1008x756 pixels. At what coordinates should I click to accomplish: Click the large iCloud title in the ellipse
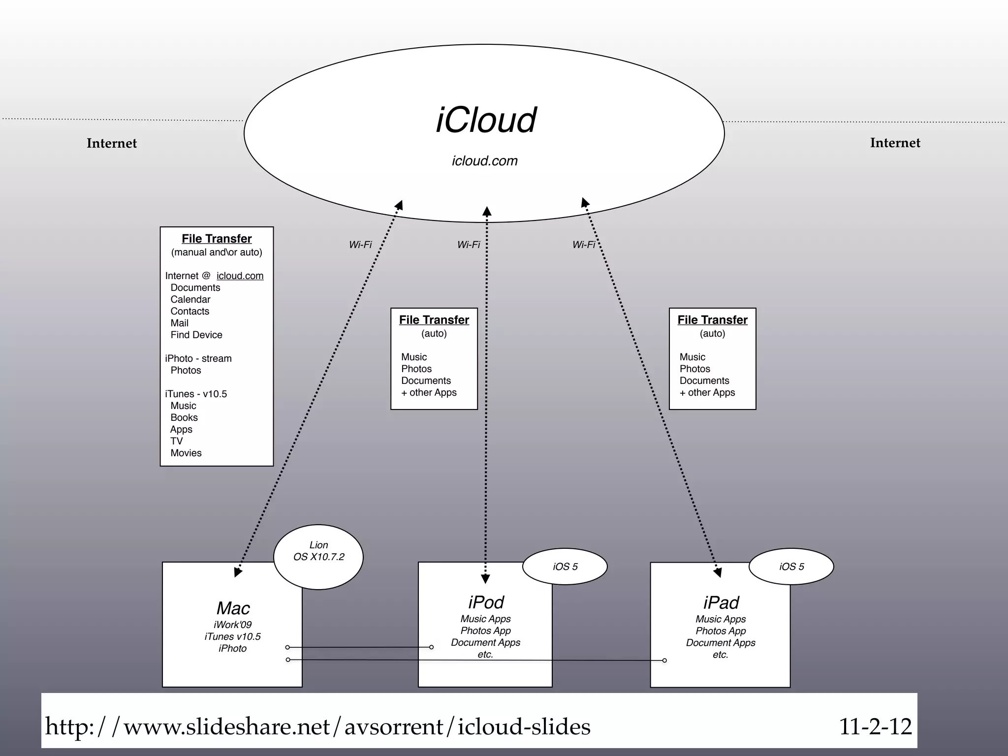pyautogui.click(x=486, y=121)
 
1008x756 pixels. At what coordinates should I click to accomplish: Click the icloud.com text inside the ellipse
pyautogui.click(x=485, y=161)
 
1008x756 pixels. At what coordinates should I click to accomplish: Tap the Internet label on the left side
pyautogui.click(x=112, y=143)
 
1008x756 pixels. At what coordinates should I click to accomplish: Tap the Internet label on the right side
pyautogui.click(x=895, y=143)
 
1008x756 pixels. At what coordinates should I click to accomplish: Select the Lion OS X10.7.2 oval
pyautogui.click(x=318, y=557)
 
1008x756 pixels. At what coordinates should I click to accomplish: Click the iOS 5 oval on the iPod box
pyautogui.click(x=565, y=567)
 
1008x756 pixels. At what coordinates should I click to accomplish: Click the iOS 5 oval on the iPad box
pyautogui.click(x=791, y=567)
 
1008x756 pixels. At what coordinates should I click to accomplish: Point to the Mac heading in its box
pyautogui.click(x=233, y=608)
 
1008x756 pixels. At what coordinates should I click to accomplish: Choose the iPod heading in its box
pyautogui.click(x=486, y=602)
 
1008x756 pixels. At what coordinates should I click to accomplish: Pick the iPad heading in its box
pyautogui.click(x=721, y=602)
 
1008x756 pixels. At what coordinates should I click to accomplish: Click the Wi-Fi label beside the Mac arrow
pyautogui.click(x=360, y=245)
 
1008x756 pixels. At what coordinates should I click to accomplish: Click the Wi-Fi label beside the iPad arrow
pyautogui.click(x=583, y=245)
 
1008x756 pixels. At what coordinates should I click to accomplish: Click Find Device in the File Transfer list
pyautogui.click(x=196, y=335)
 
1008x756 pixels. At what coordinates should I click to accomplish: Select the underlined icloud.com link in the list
pyautogui.click(x=240, y=276)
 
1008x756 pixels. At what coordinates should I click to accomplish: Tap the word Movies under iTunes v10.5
pyautogui.click(x=186, y=453)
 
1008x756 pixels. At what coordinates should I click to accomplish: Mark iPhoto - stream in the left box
pyautogui.click(x=198, y=358)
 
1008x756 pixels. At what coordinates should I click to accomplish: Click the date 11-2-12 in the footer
pyautogui.click(x=875, y=726)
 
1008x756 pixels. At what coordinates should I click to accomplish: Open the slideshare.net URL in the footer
pyautogui.click(x=317, y=726)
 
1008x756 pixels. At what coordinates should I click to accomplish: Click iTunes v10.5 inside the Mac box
pyautogui.click(x=232, y=636)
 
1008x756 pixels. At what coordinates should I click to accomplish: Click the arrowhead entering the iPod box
pyautogui.click(x=485, y=579)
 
